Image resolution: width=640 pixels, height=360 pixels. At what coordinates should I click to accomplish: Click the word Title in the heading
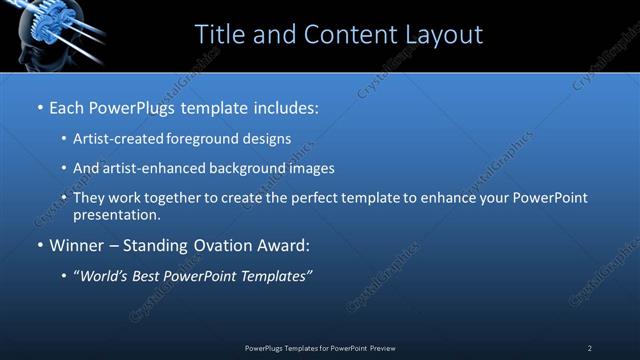[x=220, y=35]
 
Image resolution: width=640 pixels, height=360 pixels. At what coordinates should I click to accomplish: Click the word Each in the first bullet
[x=67, y=106]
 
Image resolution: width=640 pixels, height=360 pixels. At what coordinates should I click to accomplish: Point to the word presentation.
[x=117, y=214]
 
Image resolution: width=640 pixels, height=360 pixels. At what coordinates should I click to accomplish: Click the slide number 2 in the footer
[x=590, y=348]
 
